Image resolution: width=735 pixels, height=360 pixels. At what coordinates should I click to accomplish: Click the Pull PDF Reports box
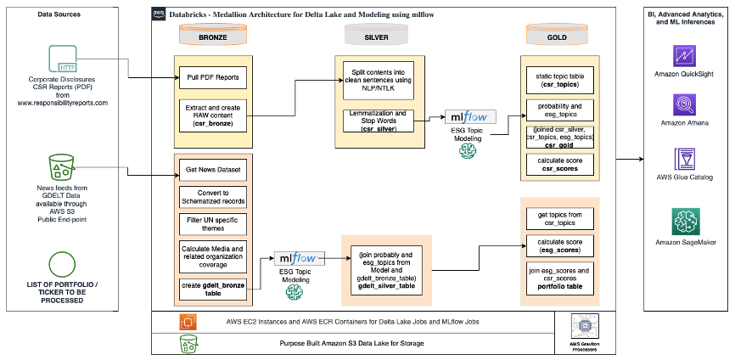212,78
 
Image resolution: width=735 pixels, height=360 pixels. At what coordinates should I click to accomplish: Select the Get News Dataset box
212,171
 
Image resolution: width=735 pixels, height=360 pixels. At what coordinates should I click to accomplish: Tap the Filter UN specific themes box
212,224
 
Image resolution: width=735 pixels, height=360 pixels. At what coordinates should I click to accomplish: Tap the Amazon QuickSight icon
684,56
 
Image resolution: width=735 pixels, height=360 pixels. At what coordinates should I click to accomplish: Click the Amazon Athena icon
684,105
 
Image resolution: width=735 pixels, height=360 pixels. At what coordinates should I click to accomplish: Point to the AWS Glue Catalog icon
684,158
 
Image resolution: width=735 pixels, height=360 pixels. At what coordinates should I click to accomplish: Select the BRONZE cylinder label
212,37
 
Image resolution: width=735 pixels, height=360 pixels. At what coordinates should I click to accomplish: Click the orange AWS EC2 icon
188,323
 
